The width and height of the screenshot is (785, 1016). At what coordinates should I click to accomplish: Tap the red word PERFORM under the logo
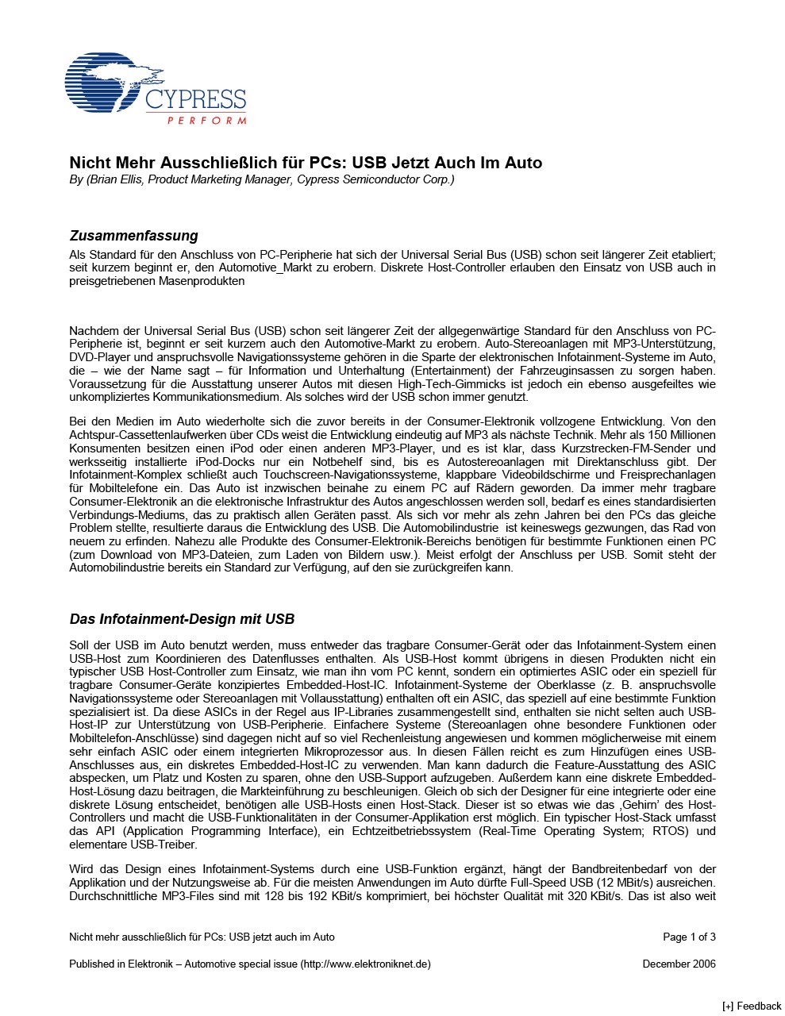pos(206,121)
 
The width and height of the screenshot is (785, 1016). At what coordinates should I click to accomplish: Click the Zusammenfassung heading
pos(133,236)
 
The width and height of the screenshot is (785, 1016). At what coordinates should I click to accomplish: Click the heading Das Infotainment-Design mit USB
pos(182,618)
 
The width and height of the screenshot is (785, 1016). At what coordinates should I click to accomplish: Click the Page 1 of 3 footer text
pos(689,937)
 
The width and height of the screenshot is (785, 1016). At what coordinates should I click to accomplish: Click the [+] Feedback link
pos(752,1006)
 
